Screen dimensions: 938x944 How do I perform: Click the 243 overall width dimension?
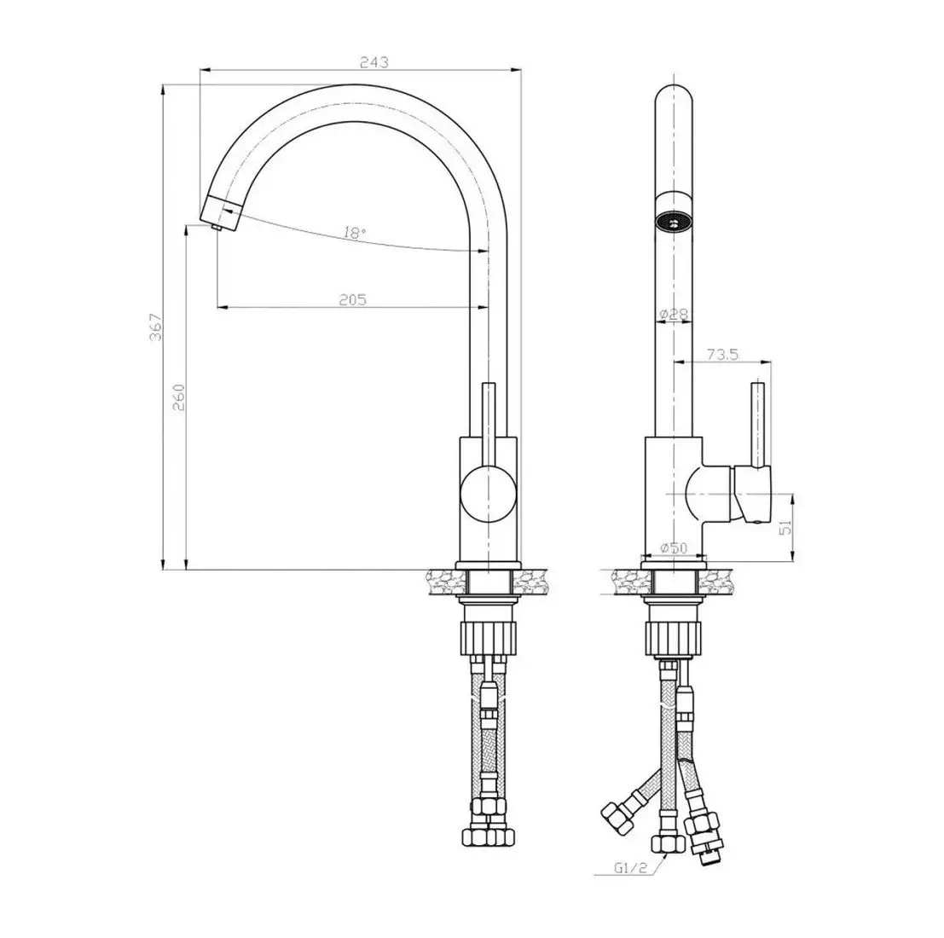[375, 62]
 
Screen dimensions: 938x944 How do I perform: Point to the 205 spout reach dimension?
[352, 299]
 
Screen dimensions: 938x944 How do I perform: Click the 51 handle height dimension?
[785, 529]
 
